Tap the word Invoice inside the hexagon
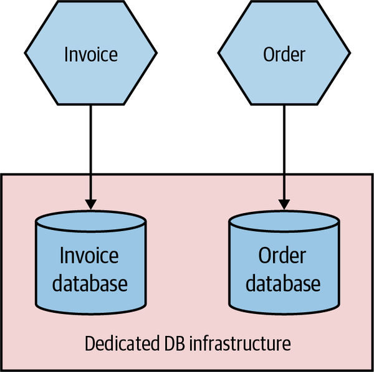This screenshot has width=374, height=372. pyautogui.click(x=91, y=54)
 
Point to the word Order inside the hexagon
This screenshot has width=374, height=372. pyautogui.click(x=284, y=54)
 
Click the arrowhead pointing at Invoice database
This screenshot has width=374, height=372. pyautogui.click(x=91, y=203)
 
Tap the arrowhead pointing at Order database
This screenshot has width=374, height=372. pyautogui.click(x=284, y=203)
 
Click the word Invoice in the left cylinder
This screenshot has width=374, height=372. pyautogui.click(x=91, y=256)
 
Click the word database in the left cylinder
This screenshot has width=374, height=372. pyautogui.click(x=91, y=284)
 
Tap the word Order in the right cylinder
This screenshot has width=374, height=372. pyautogui.click(x=284, y=256)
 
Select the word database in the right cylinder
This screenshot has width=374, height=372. pyautogui.click(x=284, y=284)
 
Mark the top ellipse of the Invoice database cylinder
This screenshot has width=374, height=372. pyautogui.click(x=91, y=222)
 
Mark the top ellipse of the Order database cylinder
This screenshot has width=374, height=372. pyautogui.click(x=284, y=222)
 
